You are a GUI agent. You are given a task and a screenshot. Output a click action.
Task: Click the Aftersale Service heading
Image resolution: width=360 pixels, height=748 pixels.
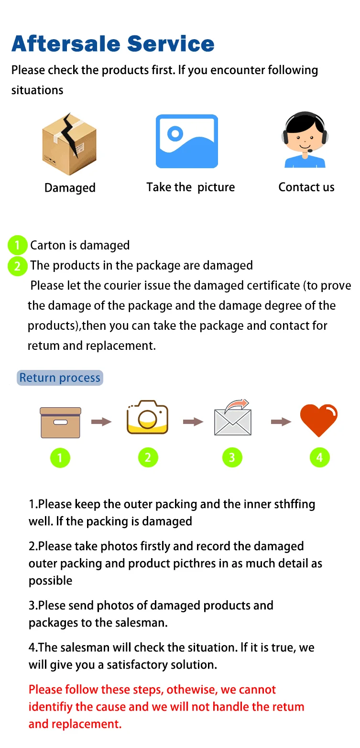[113, 43]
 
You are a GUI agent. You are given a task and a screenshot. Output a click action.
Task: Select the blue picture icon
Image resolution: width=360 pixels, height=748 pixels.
[187, 141]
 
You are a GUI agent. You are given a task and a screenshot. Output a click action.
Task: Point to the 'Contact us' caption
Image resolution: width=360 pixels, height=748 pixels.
[306, 187]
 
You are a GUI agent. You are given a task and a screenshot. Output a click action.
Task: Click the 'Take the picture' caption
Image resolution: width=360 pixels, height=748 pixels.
[191, 187]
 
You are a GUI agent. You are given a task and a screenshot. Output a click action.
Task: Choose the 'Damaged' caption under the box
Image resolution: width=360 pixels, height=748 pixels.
[70, 188]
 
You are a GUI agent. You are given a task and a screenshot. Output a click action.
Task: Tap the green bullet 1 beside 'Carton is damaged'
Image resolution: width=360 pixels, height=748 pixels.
[17, 246]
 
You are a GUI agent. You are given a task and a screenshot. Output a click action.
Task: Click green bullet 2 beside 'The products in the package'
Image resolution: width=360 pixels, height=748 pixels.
[17, 266]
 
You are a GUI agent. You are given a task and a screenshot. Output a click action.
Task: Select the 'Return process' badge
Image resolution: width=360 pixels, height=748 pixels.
[60, 378]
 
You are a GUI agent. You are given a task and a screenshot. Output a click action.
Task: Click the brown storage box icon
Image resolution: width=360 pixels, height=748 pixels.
[60, 422]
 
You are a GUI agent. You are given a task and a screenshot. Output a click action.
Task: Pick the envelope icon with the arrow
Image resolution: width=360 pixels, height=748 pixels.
[233, 418]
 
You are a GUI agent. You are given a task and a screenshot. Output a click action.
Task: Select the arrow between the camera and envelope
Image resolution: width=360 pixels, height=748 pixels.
[193, 422]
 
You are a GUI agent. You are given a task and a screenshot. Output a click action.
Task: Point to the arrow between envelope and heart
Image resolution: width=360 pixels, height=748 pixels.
[281, 422]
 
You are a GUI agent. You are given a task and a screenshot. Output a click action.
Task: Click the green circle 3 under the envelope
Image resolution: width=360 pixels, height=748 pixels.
[232, 458]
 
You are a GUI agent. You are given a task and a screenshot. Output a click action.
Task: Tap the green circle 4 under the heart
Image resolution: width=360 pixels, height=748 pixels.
[319, 458]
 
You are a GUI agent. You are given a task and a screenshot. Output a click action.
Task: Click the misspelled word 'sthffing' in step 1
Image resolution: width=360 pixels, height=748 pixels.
[295, 504]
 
